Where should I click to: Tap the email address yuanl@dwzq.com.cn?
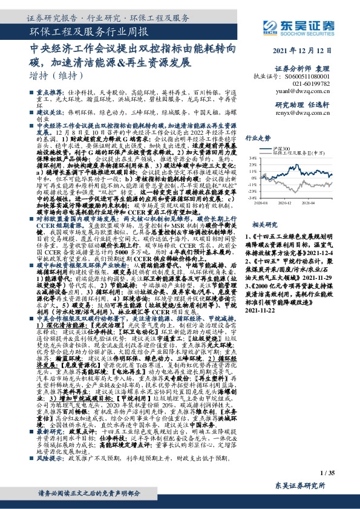314,93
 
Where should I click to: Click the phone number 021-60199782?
321,85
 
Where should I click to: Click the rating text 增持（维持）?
56,77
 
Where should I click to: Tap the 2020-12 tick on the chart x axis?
285,204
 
